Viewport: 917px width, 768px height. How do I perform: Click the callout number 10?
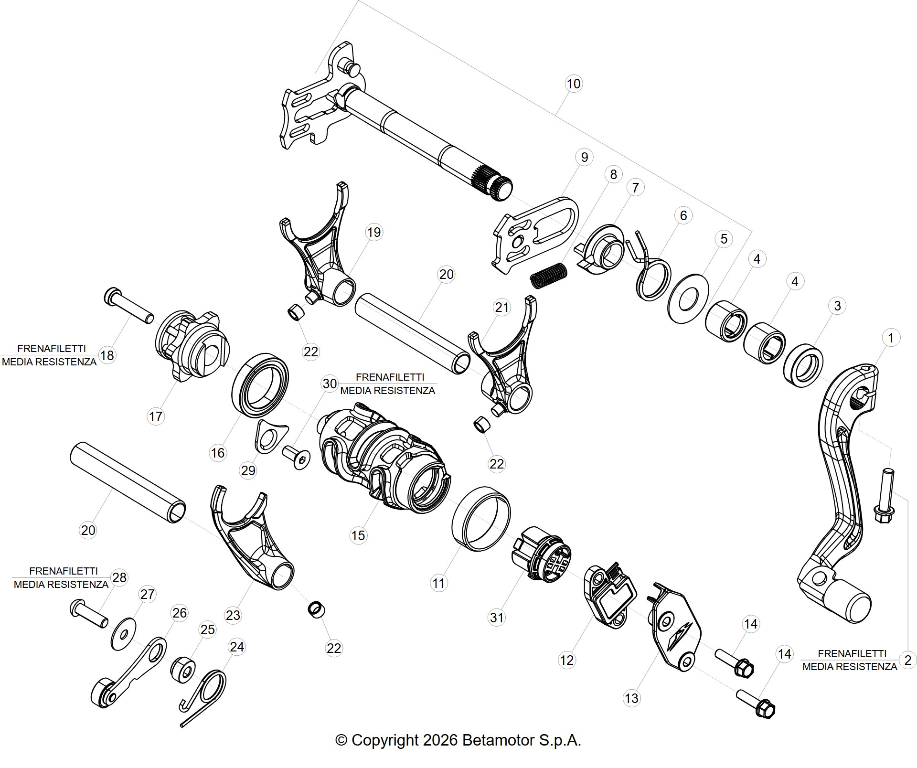pyautogui.click(x=573, y=84)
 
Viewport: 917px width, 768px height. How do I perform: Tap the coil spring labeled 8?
pyautogui.click(x=549, y=276)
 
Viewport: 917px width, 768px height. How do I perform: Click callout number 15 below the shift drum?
pyautogui.click(x=358, y=535)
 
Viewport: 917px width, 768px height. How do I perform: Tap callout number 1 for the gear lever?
pyautogui.click(x=891, y=338)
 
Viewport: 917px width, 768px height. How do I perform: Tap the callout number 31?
pyautogui.click(x=497, y=618)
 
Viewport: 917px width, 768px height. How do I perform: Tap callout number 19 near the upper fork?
pyautogui.click(x=373, y=232)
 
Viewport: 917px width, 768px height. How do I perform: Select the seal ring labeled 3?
pyautogui.click(x=803, y=365)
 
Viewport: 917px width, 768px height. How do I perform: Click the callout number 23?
pyautogui.click(x=233, y=615)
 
